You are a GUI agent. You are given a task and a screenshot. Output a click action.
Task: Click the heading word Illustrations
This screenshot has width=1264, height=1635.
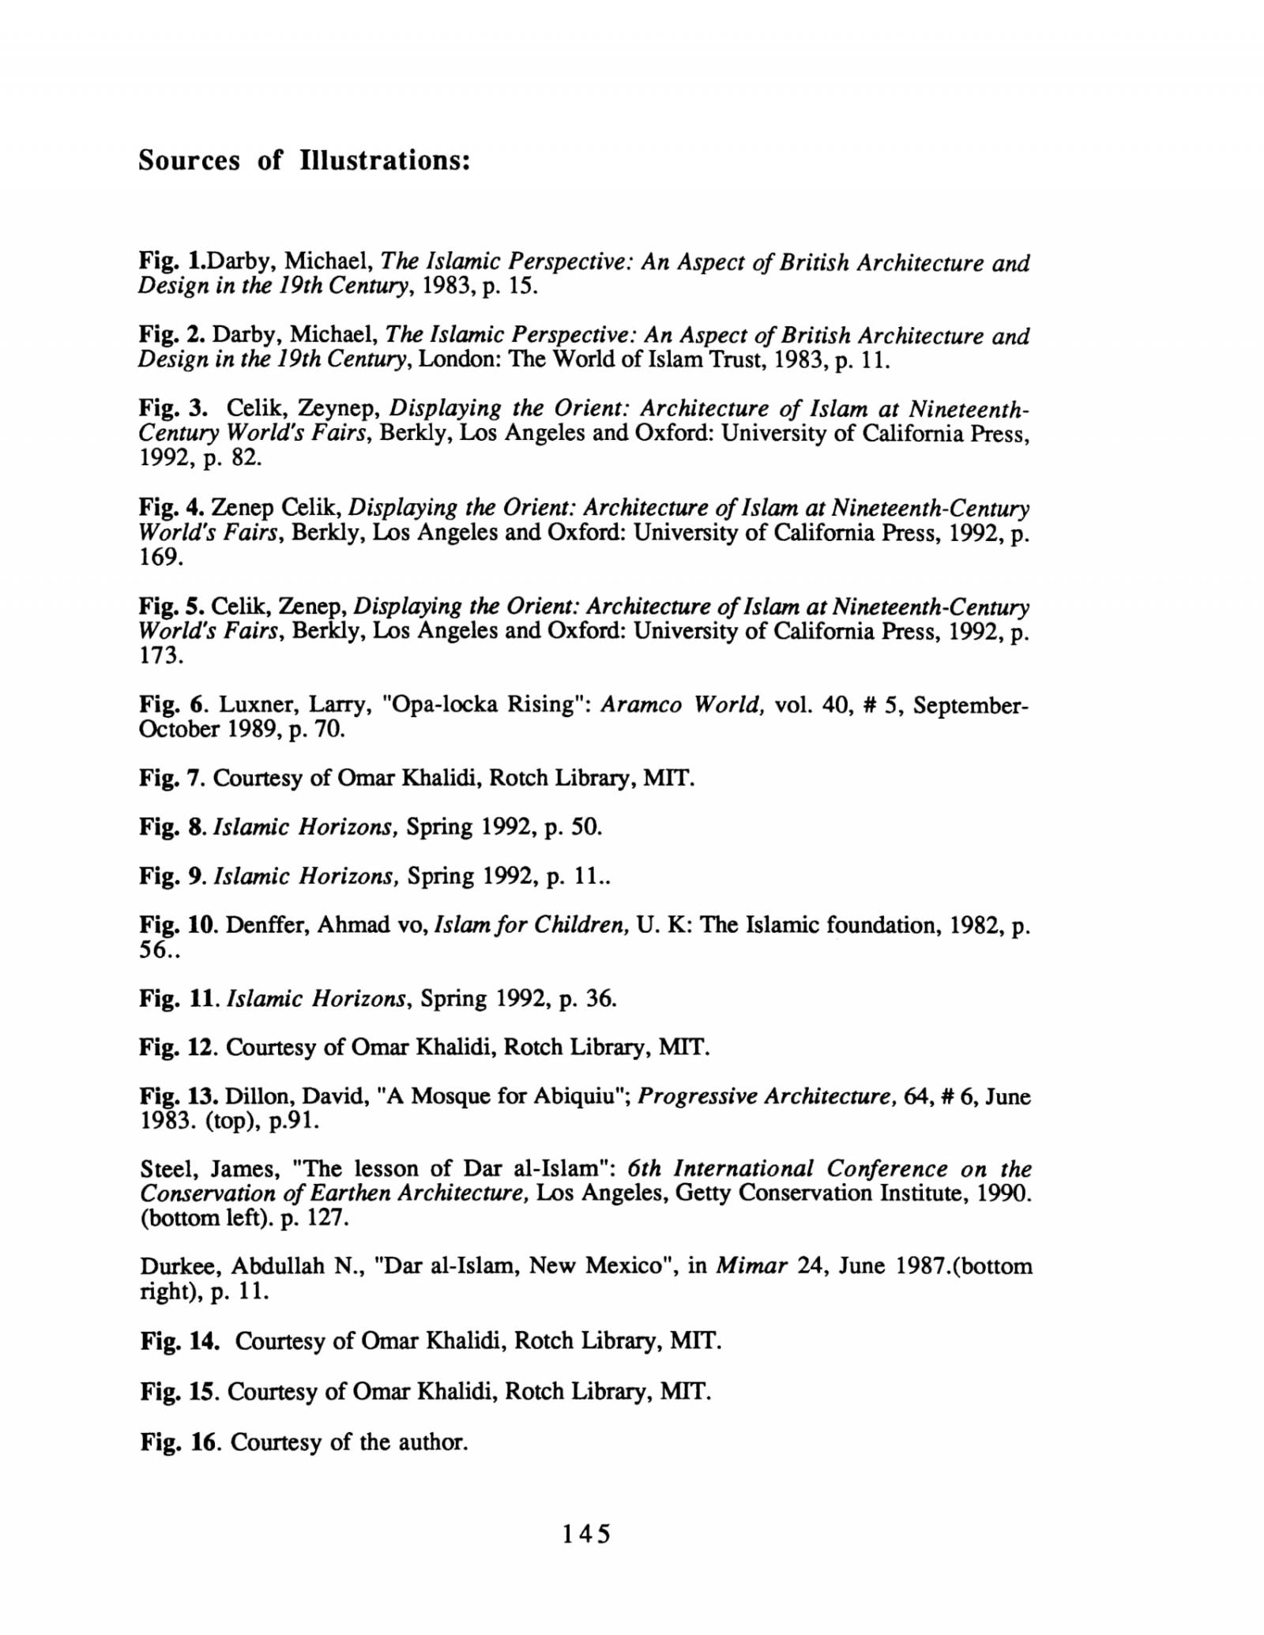[x=386, y=161]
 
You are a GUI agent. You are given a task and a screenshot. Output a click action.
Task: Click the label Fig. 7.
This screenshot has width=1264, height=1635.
[x=172, y=779]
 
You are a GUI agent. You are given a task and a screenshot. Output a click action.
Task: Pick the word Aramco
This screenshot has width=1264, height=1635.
[x=641, y=705]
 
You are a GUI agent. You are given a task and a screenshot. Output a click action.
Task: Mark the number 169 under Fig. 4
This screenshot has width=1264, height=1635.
[x=160, y=558]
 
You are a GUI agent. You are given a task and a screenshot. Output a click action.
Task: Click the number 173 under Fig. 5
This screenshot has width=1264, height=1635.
[x=160, y=656]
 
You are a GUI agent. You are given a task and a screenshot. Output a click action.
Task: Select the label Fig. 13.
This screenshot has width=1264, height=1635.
[x=179, y=1096]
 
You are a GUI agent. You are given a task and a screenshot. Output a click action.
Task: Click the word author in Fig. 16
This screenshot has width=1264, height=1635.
[x=431, y=1442]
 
